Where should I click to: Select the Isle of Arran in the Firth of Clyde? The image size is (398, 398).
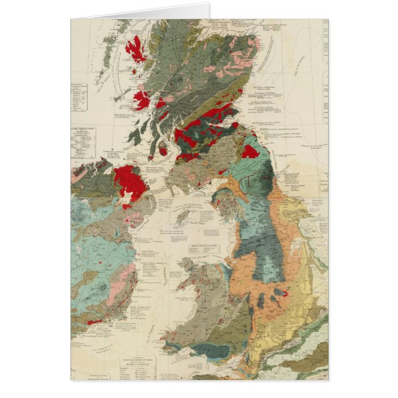point(163,148)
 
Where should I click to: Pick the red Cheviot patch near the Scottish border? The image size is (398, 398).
point(250,151)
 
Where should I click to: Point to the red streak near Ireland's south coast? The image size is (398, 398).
point(95,322)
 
